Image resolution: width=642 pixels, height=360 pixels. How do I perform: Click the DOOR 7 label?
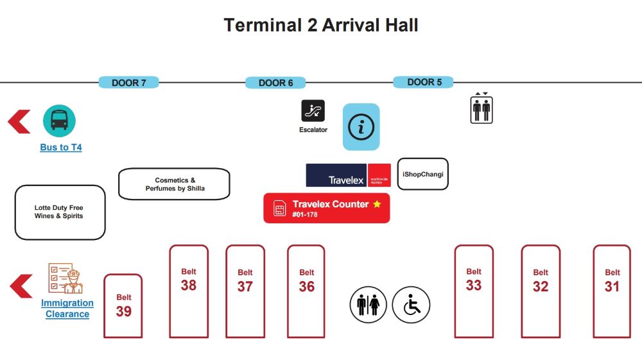128,83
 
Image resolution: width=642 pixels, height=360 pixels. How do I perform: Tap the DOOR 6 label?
275,83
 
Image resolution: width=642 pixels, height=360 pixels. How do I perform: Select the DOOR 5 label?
423,82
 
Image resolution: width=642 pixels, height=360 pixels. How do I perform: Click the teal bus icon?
59,121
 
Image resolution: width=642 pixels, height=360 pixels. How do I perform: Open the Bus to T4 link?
61,148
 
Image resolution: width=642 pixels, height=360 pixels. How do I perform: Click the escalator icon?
313,110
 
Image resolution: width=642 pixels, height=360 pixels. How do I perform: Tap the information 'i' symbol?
361,127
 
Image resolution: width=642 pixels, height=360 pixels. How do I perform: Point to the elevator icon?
481,108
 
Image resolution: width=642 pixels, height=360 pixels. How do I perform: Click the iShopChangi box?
423,174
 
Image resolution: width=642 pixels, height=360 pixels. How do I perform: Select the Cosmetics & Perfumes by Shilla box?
174,184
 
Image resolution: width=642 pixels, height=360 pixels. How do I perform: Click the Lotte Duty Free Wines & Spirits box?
60,212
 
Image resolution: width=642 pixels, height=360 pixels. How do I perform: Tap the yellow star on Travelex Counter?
377,203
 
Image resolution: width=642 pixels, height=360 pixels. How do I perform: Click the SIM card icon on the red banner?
280,209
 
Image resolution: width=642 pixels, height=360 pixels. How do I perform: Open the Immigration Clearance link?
67,309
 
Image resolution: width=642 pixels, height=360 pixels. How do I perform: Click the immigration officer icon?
66,279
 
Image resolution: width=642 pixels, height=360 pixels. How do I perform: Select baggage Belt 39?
123,306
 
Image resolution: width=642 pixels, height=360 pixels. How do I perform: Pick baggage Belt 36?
306,291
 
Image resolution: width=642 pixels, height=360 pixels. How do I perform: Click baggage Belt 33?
474,291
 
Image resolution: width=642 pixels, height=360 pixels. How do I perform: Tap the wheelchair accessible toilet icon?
411,305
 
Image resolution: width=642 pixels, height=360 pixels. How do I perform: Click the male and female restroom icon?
368,305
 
